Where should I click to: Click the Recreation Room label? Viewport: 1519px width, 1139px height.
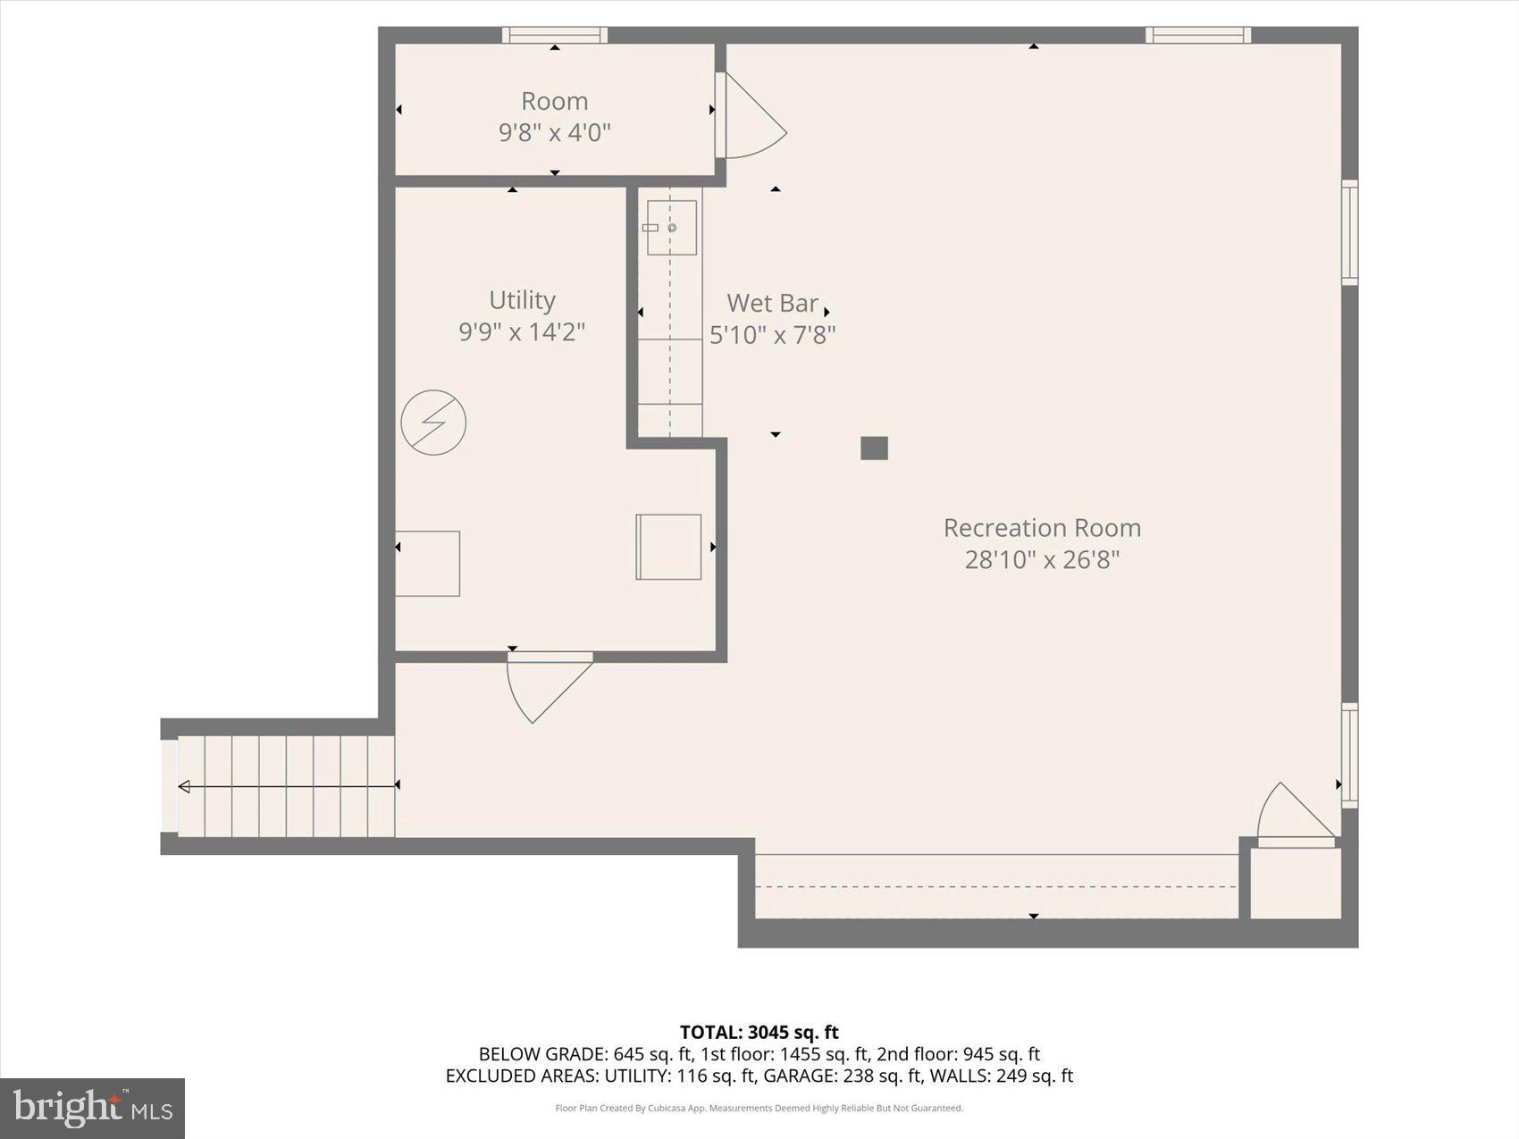(x=1042, y=528)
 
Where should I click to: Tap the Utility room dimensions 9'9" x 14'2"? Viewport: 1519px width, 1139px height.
(x=522, y=332)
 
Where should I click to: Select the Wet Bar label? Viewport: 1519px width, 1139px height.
(x=772, y=304)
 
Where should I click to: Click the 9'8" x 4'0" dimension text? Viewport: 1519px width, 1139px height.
(x=554, y=133)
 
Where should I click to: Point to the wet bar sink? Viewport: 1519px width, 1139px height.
(x=672, y=228)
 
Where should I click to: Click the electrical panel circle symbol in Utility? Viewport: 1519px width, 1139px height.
(x=433, y=422)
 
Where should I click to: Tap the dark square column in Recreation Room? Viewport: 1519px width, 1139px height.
(x=874, y=448)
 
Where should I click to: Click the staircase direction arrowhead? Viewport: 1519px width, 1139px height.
(x=184, y=786)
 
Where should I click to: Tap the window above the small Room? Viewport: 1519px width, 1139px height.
(x=554, y=35)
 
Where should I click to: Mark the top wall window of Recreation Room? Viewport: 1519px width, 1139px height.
(x=1198, y=35)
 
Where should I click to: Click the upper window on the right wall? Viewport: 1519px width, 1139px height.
(x=1349, y=232)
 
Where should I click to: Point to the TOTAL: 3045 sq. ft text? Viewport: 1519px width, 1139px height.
(x=759, y=1033)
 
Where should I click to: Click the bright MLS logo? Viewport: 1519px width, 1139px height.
(x=93, y=1108)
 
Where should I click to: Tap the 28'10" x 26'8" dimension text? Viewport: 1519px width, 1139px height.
(x=1042, y=560)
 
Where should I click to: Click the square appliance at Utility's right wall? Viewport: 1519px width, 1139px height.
(x=668, y=547)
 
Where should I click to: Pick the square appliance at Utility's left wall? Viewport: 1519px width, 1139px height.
(x=428, y=564)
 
